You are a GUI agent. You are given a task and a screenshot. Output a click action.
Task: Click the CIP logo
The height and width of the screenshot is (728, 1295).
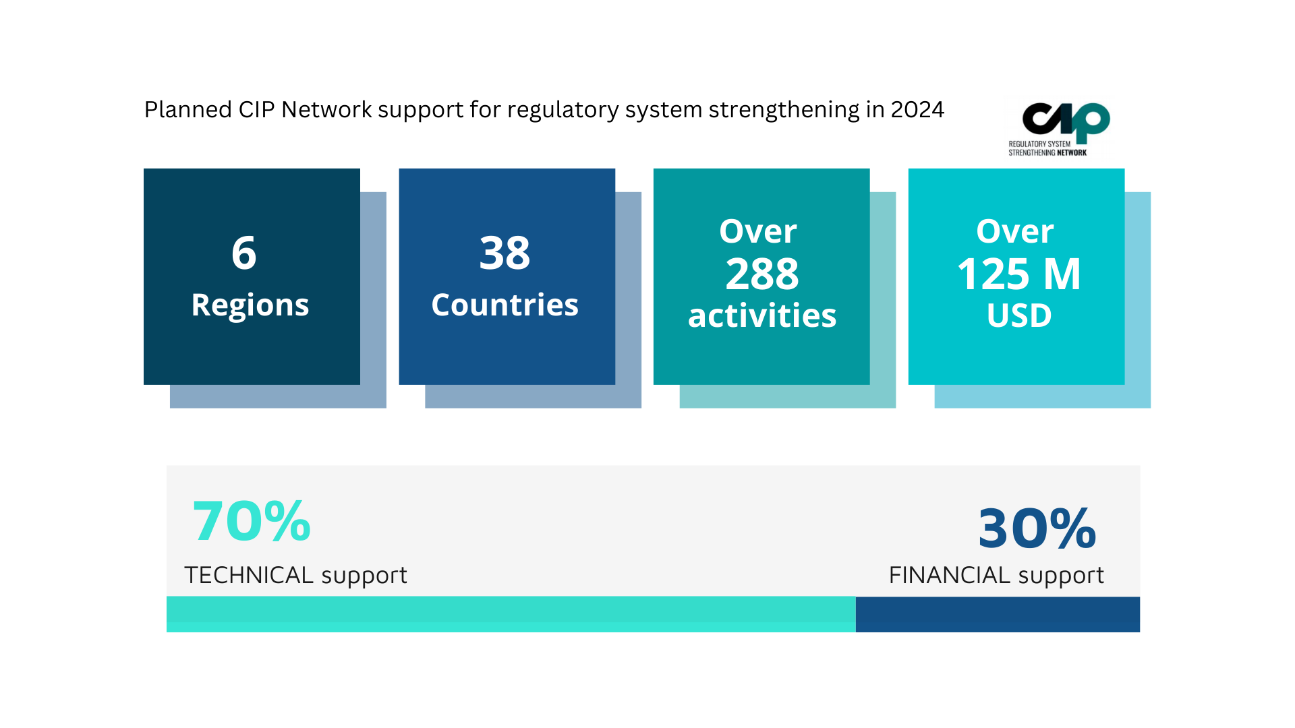(1066, 121)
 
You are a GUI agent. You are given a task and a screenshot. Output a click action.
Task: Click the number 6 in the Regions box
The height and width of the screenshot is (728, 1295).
(244, 253)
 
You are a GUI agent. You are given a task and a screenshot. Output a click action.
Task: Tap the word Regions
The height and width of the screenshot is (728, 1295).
(250, 305)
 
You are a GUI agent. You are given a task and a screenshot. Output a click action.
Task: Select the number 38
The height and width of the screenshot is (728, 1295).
(505, 253)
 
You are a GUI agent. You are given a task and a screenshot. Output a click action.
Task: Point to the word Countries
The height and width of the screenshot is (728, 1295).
(505, 305)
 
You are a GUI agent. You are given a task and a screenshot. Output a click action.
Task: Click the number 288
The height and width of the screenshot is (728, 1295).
(762, 274)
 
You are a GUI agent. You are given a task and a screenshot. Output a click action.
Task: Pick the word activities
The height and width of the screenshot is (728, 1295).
(762, 316)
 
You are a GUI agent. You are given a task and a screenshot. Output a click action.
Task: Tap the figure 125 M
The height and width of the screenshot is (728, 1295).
(1018, 274)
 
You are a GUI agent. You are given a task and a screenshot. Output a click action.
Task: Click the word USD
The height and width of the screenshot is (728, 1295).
(1019, 316)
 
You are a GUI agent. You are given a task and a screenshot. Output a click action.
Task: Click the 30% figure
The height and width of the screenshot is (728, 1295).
(1037, 528)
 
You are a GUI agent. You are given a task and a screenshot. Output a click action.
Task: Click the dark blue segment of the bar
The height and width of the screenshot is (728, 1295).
(998, 614)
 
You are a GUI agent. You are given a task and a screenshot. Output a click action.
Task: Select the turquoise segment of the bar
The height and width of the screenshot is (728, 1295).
(511, 614)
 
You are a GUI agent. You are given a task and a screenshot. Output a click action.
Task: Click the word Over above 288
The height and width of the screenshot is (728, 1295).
(758, 232)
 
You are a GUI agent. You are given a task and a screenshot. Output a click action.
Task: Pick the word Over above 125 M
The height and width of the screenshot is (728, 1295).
(1015, 232)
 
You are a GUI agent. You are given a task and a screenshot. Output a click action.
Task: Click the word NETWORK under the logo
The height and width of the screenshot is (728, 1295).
(1072, 153)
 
